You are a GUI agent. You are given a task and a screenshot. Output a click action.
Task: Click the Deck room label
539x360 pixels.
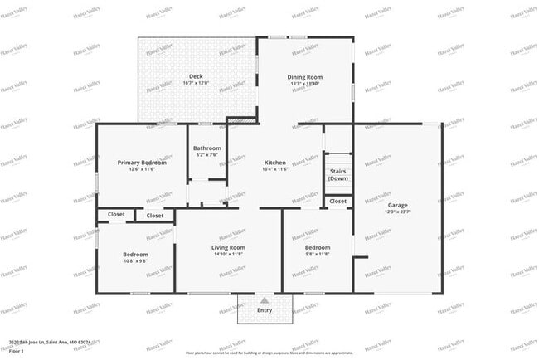[x=196, y=76]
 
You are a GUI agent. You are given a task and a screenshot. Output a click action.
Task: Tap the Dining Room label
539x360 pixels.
[x=304, y=77]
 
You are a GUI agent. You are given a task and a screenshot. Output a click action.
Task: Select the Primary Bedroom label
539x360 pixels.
[x=142, y=163]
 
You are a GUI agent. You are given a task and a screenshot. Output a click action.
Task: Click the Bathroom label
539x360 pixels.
[x=206, y=148]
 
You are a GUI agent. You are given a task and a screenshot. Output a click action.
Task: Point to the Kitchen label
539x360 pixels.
[x=274, y=163]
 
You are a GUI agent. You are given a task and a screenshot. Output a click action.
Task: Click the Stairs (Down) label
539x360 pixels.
[x=337, y=175]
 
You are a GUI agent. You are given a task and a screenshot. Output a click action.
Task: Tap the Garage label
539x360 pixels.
[x=397, y=205]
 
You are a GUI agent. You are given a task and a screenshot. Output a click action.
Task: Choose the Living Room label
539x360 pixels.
[x=228, y=247]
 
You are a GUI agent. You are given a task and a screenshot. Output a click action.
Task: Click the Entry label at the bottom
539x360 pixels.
[x=264, y=310]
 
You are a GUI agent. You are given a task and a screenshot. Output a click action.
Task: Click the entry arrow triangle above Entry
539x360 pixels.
[x=264, y=300]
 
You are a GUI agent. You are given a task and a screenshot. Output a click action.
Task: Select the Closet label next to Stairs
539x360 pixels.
[x=337, y=201]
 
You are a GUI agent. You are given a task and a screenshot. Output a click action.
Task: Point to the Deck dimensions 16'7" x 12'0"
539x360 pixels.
[x=196, y=83]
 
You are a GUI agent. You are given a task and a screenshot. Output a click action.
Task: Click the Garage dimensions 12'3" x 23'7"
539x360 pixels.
[x=397, y=212]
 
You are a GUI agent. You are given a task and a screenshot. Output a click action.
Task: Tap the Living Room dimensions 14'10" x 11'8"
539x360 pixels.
[x=228, y=254]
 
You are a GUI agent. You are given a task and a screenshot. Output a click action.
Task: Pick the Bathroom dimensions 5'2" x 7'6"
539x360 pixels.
[x=206, y=155]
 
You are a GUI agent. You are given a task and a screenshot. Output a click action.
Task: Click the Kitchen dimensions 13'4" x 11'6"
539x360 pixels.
[x=274, y=169]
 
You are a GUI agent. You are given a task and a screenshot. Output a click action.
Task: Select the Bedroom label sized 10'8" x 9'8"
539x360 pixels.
[x=135, y=254]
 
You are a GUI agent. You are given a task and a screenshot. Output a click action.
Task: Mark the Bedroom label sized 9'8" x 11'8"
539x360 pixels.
[x=317, y=247]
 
